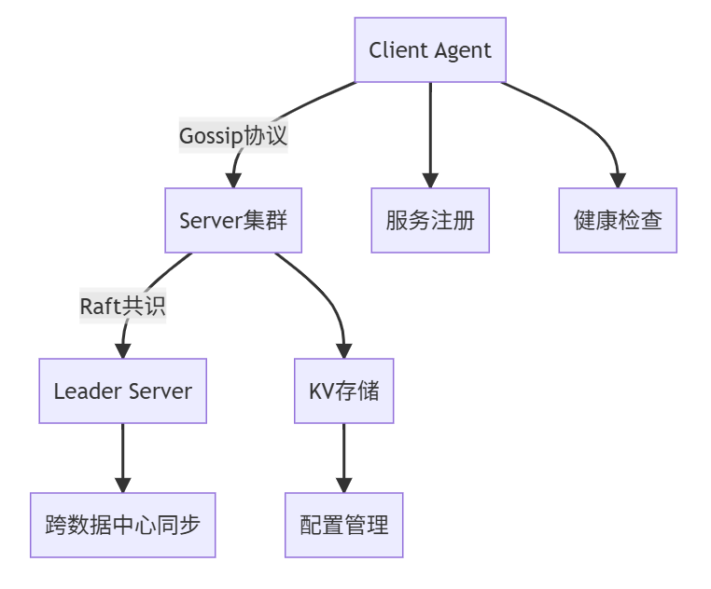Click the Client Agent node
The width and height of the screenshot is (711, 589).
click(430, 49)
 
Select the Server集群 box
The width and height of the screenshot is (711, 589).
click(233, 221)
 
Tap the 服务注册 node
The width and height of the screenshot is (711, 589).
click(430, 221)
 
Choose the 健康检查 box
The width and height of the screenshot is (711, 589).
click(618, 221)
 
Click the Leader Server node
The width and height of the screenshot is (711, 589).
click(122, 391)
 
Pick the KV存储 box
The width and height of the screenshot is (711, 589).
click(344, 391)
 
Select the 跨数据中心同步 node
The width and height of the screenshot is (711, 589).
click(122, 525)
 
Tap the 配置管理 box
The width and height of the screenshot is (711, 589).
click(344, 525)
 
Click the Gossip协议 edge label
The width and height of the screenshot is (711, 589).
click(233, 135)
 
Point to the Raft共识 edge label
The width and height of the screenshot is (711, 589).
click(122, 307)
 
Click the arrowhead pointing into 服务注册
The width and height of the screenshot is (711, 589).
click(430, 181)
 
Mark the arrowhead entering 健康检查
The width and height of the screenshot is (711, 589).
click(618, 181)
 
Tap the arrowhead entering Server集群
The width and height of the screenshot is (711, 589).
click(233, 181)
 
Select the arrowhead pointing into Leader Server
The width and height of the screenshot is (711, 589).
click(122, 351)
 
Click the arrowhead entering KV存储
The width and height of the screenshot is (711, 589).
click(344, 351)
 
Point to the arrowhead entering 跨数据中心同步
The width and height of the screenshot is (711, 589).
click(122, 485)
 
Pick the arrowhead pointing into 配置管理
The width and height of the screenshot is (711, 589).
click(344, 485)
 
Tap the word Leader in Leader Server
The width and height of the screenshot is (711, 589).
click(84, 391)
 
